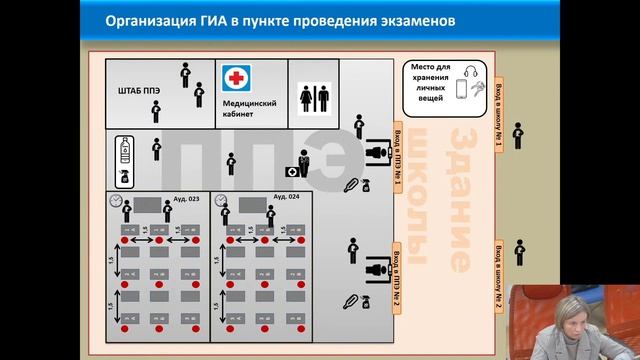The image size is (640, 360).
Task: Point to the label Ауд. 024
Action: click(x=287, y=198)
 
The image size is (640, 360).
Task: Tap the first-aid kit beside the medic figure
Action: click(x=293, y=172)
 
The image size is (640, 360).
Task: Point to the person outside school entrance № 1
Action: click(x=518, y=136)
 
